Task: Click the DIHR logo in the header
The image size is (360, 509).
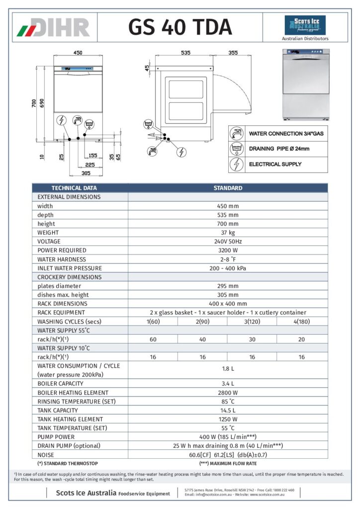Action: tap(54, 27)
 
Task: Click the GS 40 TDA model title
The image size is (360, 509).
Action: tap(180, 27)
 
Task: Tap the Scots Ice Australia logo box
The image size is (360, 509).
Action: tap(305, 25)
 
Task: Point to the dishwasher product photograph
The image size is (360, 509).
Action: tap(305, 84)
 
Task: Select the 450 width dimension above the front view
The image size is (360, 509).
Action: tap(78, 52)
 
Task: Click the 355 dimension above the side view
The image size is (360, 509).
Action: tap(232, 52)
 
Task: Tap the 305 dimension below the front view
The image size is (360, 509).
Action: tap(85, 173)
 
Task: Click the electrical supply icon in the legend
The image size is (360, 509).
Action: tap(237, 164)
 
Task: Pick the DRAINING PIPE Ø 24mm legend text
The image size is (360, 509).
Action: tap(279, 149)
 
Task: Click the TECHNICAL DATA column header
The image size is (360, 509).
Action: tap(74, 188)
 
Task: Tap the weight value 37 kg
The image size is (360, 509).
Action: tap(227, 232)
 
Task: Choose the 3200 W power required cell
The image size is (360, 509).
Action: tap(227, 250)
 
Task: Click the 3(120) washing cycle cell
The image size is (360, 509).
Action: tap(252, 321)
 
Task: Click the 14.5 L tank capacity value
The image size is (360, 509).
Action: tap(227, 410)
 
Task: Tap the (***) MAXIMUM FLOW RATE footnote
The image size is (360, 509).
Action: tap(228, 463)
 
